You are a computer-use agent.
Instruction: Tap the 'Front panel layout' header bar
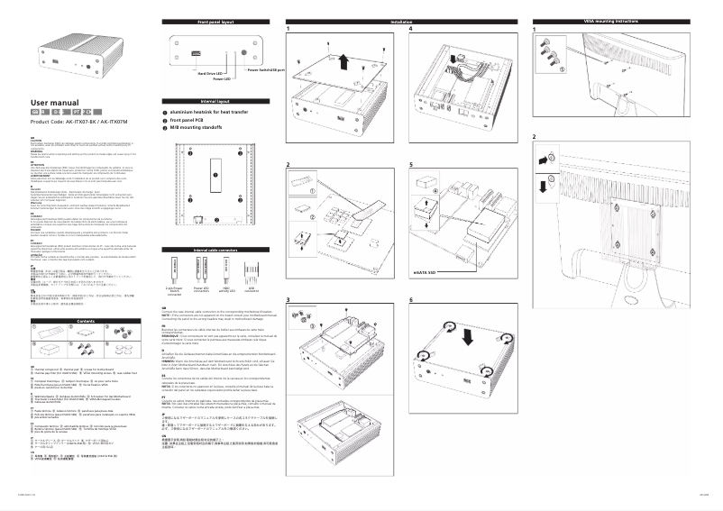(215, 20)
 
